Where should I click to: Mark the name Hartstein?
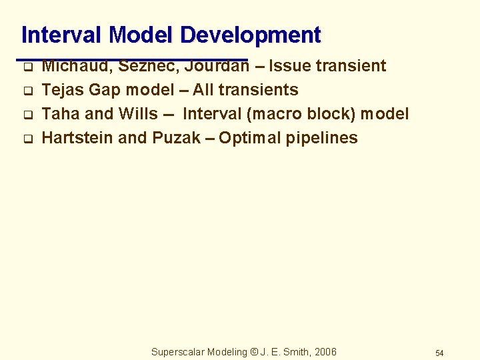click(x=77, y=138)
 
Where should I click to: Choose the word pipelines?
click(x=325, y=138)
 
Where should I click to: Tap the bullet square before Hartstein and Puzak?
click(x=28, y=139)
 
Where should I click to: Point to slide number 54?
click(x=439, y=353)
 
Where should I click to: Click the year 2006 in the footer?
click(x=325, y=352)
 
